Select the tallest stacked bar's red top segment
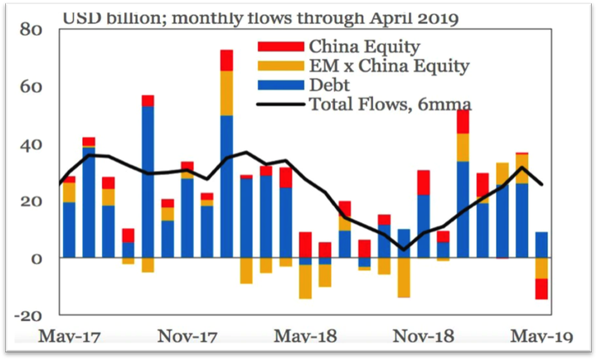click(x=226, y=60)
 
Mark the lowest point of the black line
click(x=404, y=249)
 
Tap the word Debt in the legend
click(x=331, y=85)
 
